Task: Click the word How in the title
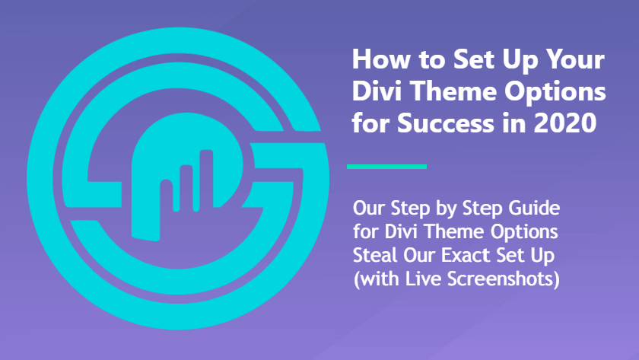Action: pos(381,59)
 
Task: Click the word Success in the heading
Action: pos(446,123)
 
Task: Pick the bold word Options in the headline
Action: pos(555,92)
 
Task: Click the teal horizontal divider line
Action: pos(386,167)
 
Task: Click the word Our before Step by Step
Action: pos(369,209)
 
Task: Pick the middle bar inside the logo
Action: pos(186,188)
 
